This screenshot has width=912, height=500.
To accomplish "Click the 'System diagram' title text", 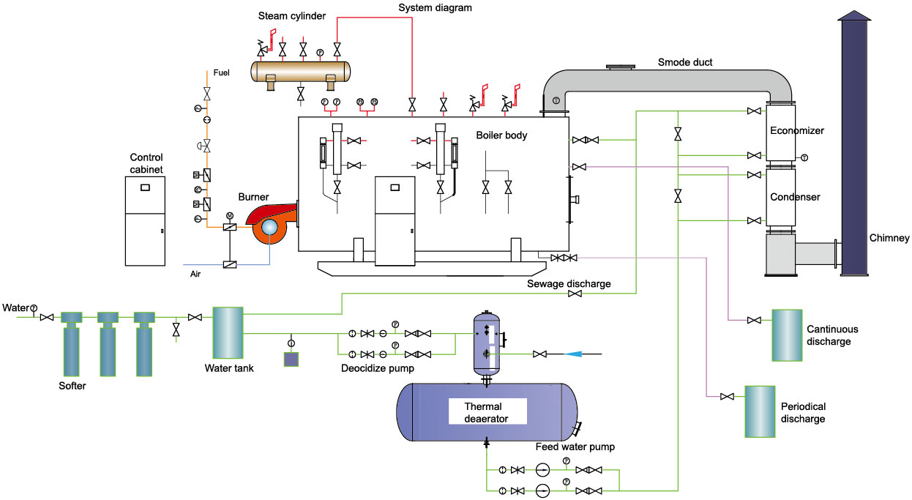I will (436, 8).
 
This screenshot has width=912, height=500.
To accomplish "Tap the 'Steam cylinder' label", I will (293, 16).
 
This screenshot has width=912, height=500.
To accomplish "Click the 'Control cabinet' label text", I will (146, 163).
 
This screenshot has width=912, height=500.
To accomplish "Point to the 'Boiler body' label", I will (501, 135).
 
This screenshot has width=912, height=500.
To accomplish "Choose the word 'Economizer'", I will (797, 131).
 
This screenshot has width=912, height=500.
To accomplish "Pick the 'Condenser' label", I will (795, 197).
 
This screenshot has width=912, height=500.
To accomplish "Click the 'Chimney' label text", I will (889, 238).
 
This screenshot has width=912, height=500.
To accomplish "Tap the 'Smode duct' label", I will (684, 63).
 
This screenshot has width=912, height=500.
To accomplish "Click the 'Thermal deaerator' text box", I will (487, 412).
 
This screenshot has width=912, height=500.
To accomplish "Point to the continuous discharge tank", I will (787, 335).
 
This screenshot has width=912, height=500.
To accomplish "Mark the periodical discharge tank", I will (759, 412).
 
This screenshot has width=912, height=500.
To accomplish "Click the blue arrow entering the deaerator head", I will (575, 354).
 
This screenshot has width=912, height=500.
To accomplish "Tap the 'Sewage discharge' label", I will (568, 283).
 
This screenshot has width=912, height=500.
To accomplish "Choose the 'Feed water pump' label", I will (575, 447).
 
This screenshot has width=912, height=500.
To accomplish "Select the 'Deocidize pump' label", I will (378, 368).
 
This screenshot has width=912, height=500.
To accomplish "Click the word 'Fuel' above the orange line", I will (221, 73).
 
